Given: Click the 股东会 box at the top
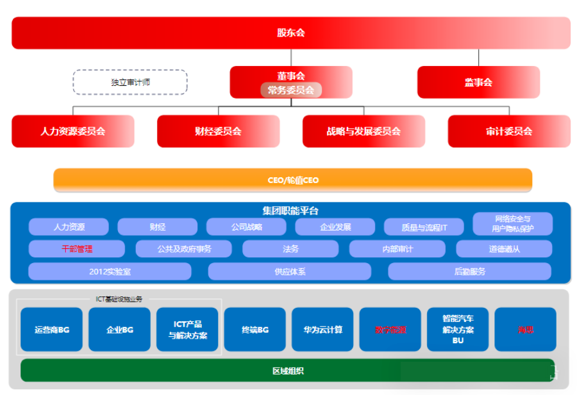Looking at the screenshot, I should (x=290, y=33).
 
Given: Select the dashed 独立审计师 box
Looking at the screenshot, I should (x=130, y=83).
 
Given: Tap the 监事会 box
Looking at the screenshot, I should (x=478, y=82).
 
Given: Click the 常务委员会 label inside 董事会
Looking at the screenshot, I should (x=291, y=90).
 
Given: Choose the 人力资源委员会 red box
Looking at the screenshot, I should (x=72, y=131).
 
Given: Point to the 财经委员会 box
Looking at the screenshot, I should (x=218, y=131).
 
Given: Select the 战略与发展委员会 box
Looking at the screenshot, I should (x=364, y=131).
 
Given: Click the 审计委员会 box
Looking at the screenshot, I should (x=509, y=131).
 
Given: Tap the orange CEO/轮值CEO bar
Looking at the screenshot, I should (x=292, y=180).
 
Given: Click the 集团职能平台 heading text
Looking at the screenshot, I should (x=290, y=210).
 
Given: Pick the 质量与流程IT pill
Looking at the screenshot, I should (x=424, y=227).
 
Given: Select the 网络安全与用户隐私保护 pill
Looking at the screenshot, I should (x=512, y=223).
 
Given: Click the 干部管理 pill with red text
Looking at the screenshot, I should (x=77, y=248).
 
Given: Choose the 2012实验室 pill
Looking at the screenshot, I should (x=110, y=271).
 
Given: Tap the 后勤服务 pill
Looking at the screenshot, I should (x=469, y=271).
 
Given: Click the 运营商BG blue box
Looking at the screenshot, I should (x=51, y=330).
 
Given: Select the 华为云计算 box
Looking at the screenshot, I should (x=323, y=330).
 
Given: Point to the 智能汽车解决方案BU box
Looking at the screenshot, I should (x=458, y=330).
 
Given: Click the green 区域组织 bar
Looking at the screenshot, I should (x=288, y=371).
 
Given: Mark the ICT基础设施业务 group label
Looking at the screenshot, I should (x=119, y=299).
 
